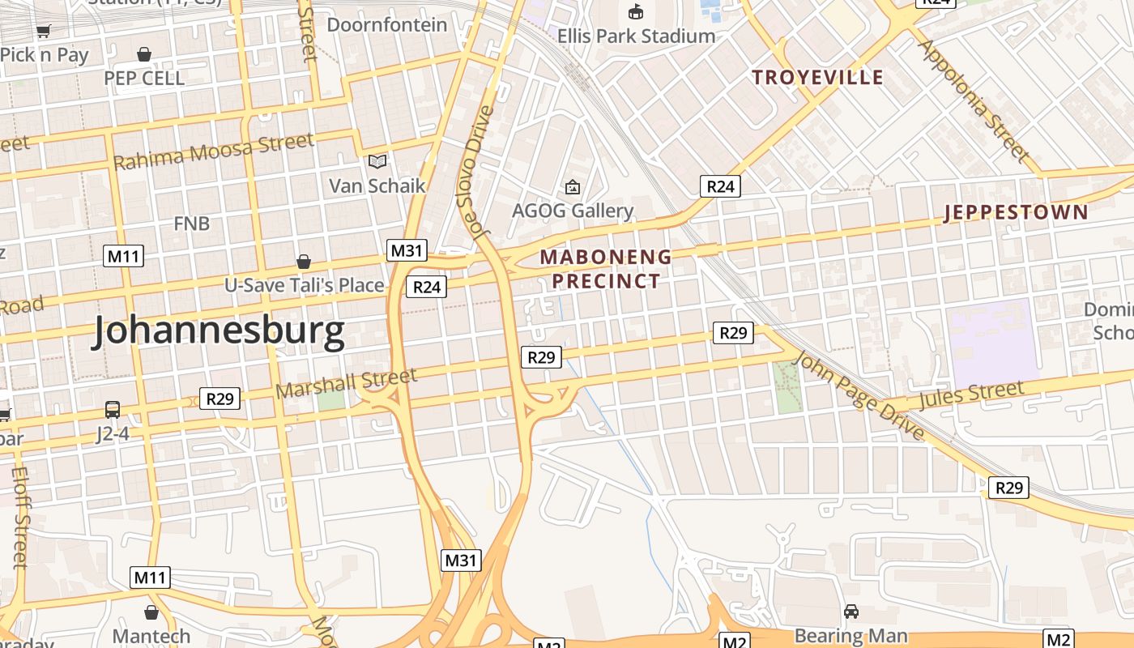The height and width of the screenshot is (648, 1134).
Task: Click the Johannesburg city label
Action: (x=218, y=331)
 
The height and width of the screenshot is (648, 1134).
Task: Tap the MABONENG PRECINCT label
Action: (x=606, y=269)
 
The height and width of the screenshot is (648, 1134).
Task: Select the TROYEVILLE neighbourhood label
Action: (x=817, y=78)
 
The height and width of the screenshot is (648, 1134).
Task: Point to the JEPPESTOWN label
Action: (x=1017, y=213)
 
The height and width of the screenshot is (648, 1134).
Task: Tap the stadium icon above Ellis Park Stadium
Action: (x=636, y=12)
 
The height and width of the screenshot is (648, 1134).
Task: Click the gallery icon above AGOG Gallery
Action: (x=573, y=187)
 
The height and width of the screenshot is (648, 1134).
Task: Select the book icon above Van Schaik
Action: (x=377, y=161)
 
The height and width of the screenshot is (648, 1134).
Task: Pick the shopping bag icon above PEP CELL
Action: (x=144, y=54)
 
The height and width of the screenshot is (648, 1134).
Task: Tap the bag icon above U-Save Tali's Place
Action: (x=304, y=262)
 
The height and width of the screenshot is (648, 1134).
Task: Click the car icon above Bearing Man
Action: (x=850, y=612)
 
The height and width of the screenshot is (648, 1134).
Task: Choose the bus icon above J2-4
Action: (x=113, y=410)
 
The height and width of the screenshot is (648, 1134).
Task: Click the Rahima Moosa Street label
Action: (x=213, y=151)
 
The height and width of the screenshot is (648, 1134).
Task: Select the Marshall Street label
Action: (x=346, y=383)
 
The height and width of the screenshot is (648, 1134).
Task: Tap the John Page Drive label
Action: (x=860, y=396)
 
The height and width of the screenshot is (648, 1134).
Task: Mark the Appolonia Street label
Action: (x=974, y=100)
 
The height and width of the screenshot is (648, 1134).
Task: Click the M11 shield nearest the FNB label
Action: (x=124, y=257)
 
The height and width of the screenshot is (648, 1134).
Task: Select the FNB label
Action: (x=191, y=224)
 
